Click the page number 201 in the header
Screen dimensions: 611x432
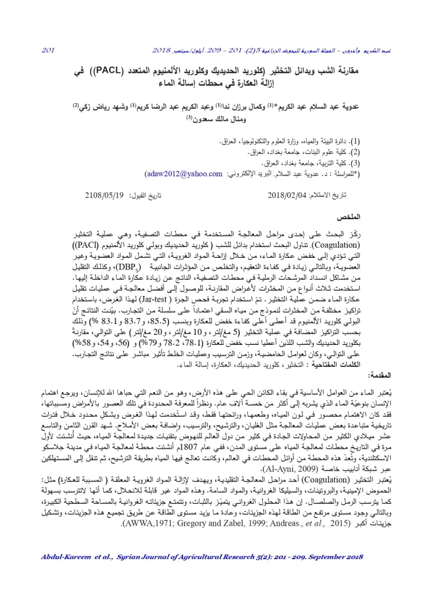(x=48, y=51)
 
